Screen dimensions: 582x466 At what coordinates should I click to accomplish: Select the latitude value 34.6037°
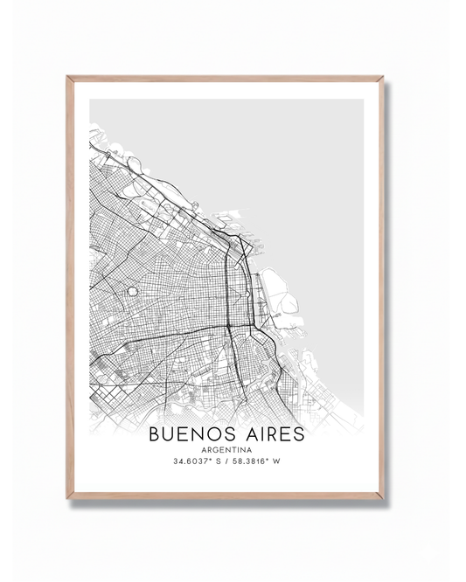pyautogui.click(x=189, y=462)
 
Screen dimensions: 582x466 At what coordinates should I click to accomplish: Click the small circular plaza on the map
pyautogui.click(x=132, y=291)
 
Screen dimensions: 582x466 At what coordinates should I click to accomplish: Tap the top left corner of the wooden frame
pyautogui.click(x=68, y=79)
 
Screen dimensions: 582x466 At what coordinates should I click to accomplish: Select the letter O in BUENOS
pyautogui.click(x=213, y=433)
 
